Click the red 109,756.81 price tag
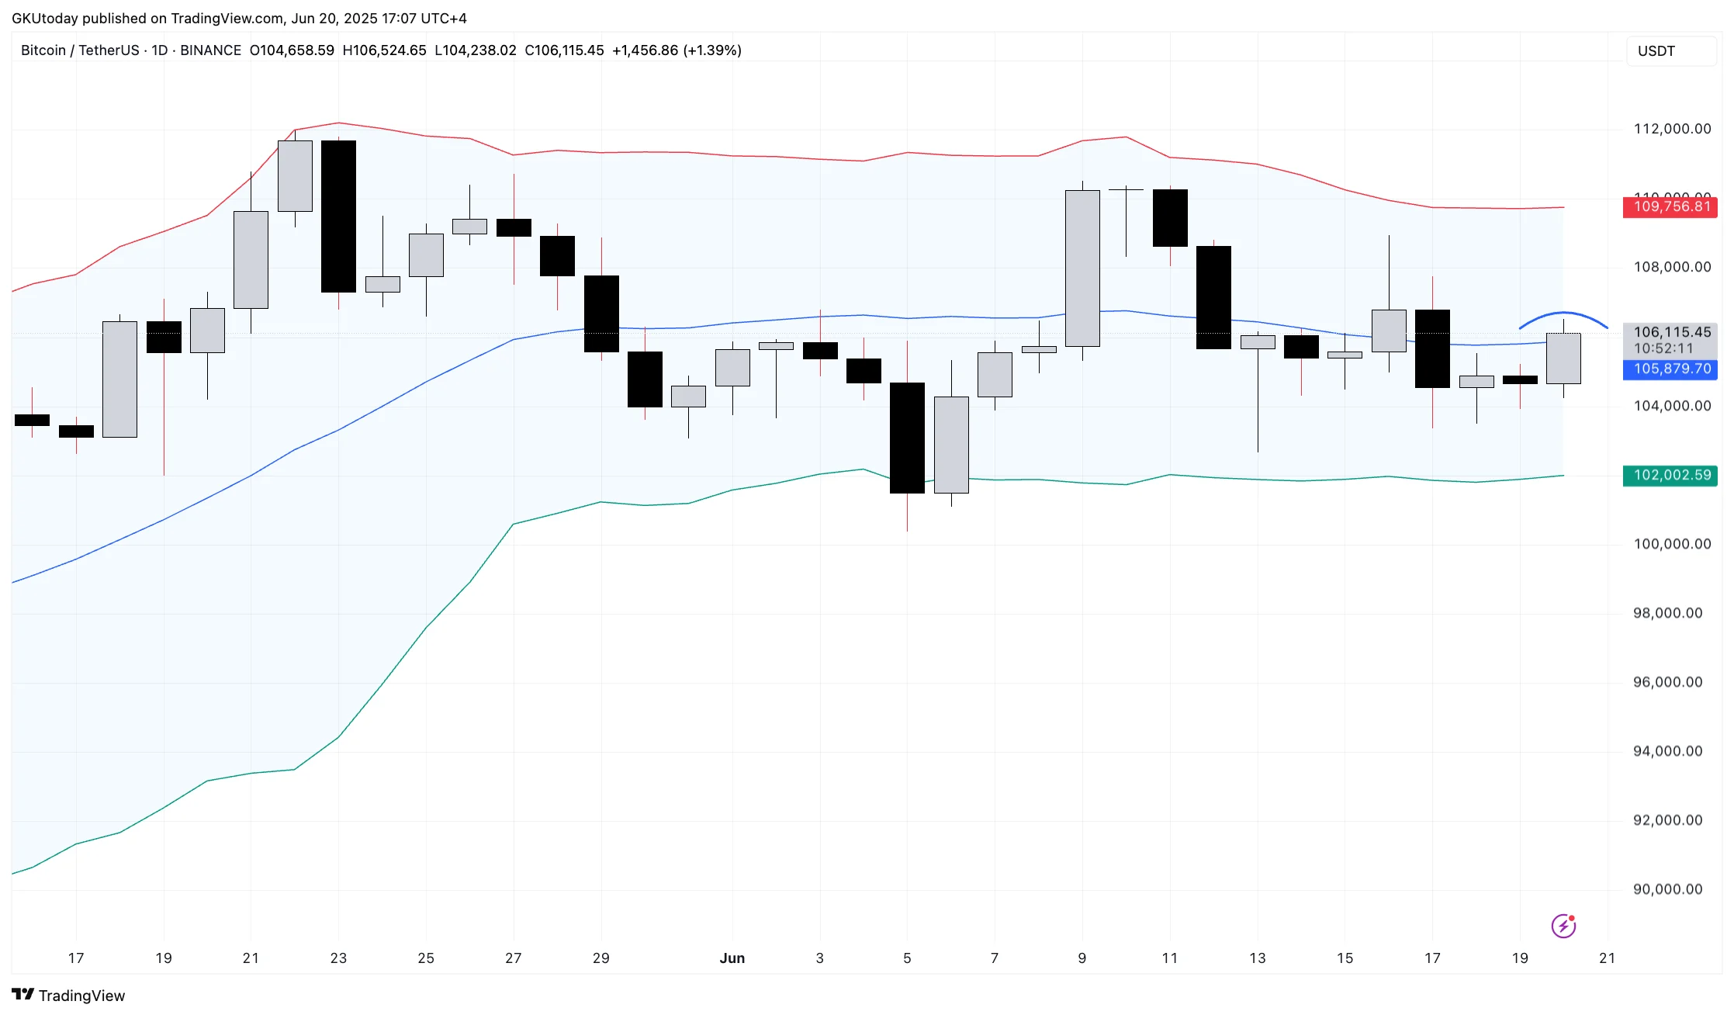pos(1670,207)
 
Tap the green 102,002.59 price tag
pos(1670,475)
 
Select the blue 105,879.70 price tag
pos(1670,369)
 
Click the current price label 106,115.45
pos(1672,332)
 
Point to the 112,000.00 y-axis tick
pos(1672,129)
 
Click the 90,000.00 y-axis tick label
pos(1667,889)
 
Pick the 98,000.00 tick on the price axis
pos(1667,613)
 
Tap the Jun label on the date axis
pos(732,958)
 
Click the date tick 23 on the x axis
pos(338,958)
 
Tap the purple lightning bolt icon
pos(1563,926)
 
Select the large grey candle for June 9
pos(1082,268)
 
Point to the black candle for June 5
pos(907,438)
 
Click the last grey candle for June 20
pos(1563,359)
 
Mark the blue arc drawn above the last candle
pos(1563,314)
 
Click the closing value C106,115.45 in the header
pos(564,50)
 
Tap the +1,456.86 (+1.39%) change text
pos(677,50)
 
